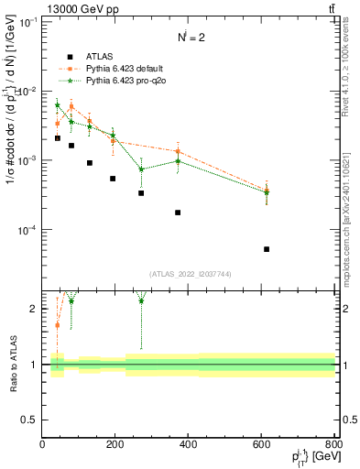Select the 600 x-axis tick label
coord(262,445)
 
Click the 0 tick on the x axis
coord(42,445)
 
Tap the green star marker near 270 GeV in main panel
coord(141,169)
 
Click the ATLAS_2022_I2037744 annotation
coord(188,274)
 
